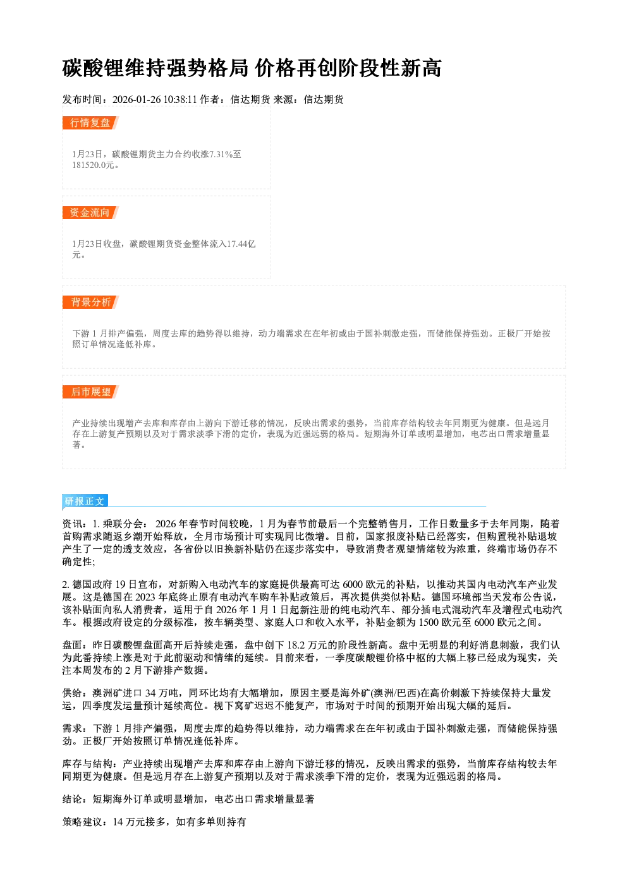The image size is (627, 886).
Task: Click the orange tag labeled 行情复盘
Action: tap(90, 123)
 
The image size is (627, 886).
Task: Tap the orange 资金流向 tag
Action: tap(90, 212)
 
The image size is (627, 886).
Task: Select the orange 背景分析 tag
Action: tap(90, 302)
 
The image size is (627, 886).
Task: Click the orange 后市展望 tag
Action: tap(90, 392)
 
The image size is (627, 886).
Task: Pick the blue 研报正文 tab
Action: tap(85, 501)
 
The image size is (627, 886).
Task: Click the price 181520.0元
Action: tap(94, 165)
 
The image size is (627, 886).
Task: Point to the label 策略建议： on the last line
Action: tap(87, 822)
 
